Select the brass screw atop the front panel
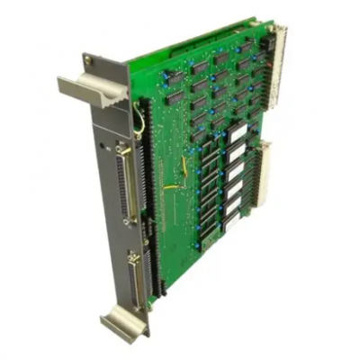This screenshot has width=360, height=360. tap(88, 59)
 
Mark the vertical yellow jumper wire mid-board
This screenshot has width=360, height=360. tap(185, 166)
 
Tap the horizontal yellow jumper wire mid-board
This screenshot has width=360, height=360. tap(175, 187)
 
